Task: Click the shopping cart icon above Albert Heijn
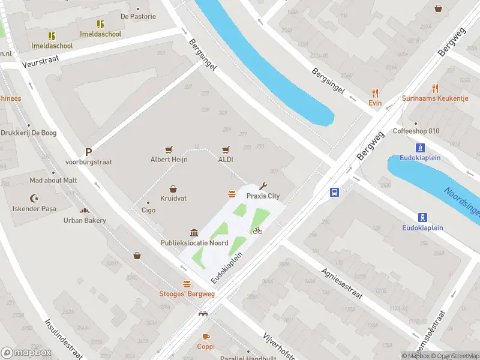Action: (x=169, y=150)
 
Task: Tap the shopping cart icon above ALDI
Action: (x=226, y=150)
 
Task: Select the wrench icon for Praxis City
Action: (x=262, y=186)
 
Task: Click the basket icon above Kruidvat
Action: (x=173, y=188)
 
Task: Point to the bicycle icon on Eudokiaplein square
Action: (x=257, y=230)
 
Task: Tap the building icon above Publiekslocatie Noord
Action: (x=194, y=233)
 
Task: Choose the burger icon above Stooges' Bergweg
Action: (x=187, y=284)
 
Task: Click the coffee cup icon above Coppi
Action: (x=206, y=337)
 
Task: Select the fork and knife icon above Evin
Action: (x=376, y=93)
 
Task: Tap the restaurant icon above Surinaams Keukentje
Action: (x=435, y=88)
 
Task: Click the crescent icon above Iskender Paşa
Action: (x=34, y=198)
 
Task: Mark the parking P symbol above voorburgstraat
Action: (x=88, y=152)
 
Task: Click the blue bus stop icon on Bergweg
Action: (x=334, y=193)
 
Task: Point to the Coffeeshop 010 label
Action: (x=416, y=131)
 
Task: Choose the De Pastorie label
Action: (x=138, y=17)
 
